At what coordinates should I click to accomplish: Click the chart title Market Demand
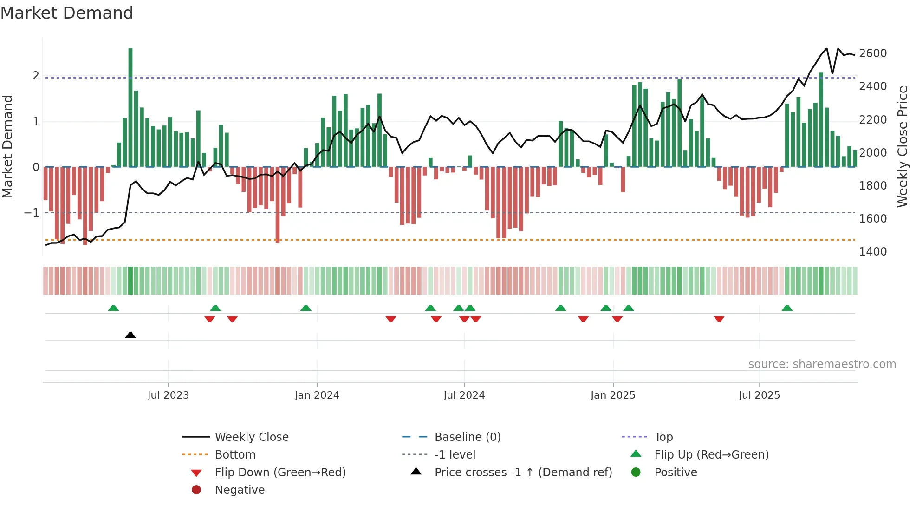click(67, 13)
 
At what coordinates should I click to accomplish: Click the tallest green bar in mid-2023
click(130, 107)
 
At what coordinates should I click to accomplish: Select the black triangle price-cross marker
click(130, 335)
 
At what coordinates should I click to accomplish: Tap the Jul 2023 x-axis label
click(168, 395)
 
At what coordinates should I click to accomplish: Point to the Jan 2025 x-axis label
click(613, 395)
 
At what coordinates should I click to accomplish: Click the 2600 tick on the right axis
click(873, 53)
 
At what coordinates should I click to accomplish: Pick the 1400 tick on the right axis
click(873, 252)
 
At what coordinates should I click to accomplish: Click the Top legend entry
click(663, 437)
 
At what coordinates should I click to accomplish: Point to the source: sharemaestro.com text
click(822, 364)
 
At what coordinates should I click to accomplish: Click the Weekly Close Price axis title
click(902, 146)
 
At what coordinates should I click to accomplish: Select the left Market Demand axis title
click(7, 146)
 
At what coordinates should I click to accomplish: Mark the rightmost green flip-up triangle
click(787, 308)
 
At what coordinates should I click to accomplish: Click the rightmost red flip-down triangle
click(719, 319)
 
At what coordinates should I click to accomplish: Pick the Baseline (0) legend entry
click(468, 437)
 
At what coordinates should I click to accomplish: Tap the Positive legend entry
click(676, 473)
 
